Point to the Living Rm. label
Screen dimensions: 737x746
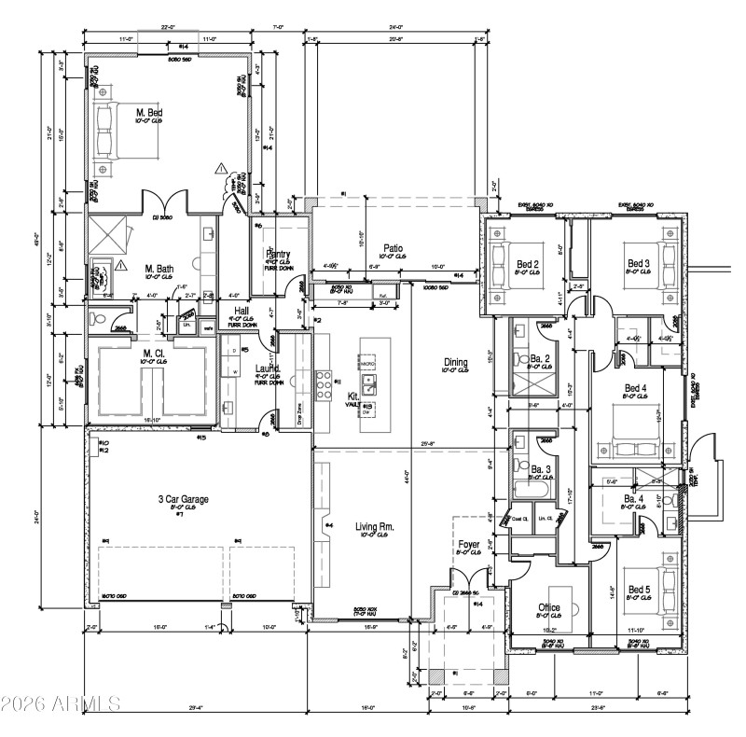[x=374, y=527]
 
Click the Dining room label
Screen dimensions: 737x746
[x=456, y=362]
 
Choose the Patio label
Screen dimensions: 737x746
[x=392, y=247]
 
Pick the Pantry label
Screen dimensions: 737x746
[x=279, y=254]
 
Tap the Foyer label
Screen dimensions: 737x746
[x=468, y=544]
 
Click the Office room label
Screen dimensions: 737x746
[x=549, y=607]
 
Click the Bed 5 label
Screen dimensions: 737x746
[x=639, y=589]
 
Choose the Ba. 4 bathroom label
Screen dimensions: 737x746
[x=634, y=500]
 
